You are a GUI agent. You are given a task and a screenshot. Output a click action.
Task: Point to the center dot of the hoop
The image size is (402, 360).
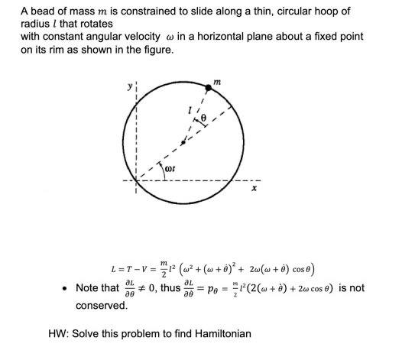pos(182,142)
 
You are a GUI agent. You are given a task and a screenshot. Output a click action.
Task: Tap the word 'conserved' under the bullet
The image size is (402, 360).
pos(101,305)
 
